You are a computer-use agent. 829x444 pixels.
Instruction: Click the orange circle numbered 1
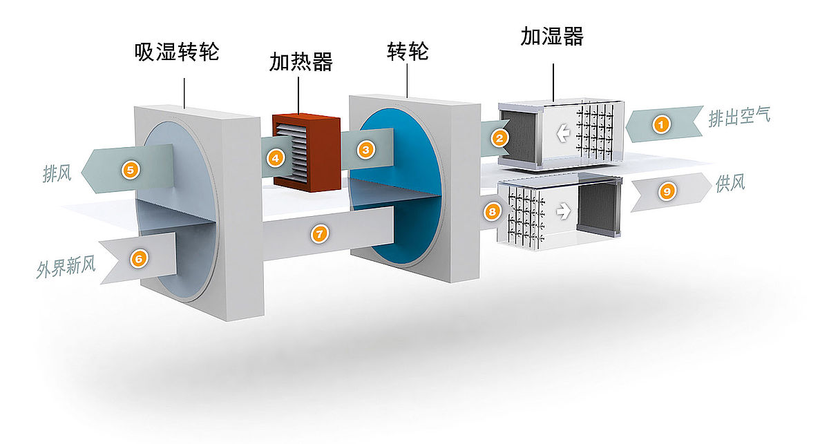click(661, 124)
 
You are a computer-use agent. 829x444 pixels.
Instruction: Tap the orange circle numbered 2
click(499, 138)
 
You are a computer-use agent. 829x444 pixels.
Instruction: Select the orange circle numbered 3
click(366, 150)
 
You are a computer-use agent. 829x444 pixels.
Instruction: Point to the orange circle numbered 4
click(276, 159)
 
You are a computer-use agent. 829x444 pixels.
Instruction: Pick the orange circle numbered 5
click(131, 170)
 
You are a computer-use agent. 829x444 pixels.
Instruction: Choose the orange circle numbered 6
click(139, 258)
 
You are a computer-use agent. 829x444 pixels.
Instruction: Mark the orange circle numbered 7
click(319, 234)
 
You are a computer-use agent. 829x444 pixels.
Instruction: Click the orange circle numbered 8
click(492, 212)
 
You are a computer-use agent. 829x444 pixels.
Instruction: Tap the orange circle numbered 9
click(667, 191)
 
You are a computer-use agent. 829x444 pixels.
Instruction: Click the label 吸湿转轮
click(177, 52)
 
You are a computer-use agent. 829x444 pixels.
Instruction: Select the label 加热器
click(301, 61)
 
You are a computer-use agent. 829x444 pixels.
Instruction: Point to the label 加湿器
click(552, 37)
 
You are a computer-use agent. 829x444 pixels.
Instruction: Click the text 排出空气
click(739, 117)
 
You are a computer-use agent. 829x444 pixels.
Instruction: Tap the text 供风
click(730, 184)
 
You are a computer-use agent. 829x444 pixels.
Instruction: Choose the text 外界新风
click(66, 267)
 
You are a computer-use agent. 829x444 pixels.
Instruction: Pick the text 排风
click(57, 173)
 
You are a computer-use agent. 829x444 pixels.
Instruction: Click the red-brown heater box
click(307, 153)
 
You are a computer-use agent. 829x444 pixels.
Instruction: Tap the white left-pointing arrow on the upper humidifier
click(563, 133)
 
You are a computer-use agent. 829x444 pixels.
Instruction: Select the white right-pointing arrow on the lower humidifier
click(564, 211)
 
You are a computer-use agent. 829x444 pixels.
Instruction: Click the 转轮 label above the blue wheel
click(408, 51)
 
